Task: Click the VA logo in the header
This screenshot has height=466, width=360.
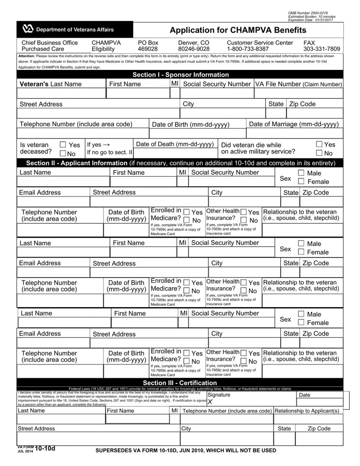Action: [x=28, y=29]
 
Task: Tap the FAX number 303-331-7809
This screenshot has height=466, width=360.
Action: [x=321, y=49]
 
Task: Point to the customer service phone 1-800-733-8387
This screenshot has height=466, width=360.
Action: [x=248, y=49]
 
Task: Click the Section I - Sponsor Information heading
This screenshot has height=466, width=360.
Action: [x=180, y=75]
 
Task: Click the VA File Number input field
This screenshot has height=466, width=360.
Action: [x=299, y=94]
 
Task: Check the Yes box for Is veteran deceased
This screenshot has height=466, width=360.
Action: [x=63, y=145]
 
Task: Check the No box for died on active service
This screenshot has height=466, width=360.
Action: [x=319, y=153]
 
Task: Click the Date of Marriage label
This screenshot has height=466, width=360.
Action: [x=294, y=124]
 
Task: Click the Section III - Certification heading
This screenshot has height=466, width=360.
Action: [x=180, y=383]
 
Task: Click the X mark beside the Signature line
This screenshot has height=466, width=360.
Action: [x=210, y=402]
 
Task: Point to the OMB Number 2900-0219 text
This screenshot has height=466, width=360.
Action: [x=307, y=13]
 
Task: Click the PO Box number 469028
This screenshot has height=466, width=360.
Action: [x=148, y=49]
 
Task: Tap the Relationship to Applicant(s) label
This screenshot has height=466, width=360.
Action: [x=307, y=411]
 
